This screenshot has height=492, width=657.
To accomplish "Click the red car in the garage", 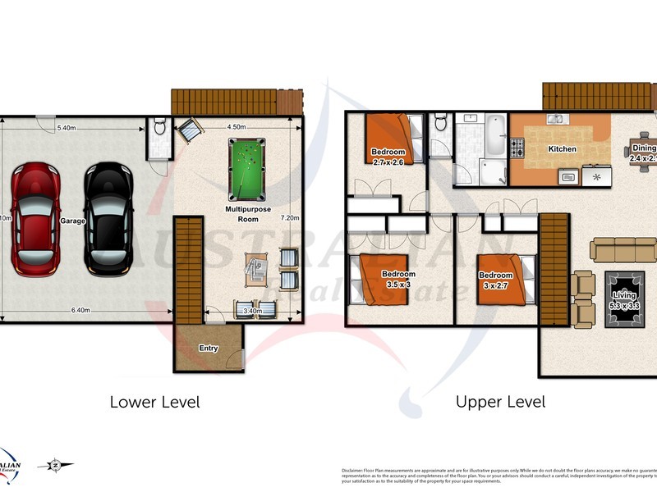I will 34,218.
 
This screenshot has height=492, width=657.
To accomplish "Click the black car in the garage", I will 107,218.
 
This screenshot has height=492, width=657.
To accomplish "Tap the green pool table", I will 246,168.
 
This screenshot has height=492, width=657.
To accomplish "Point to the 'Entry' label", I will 209,348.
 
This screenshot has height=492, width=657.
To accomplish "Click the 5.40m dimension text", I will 67,128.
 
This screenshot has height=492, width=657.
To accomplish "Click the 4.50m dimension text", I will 237,127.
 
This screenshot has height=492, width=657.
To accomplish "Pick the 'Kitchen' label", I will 562,149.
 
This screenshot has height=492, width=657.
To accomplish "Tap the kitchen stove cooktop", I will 518,148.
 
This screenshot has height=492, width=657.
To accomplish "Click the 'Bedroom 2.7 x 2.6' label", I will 388,157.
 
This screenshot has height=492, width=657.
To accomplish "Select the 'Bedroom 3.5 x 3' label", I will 399,279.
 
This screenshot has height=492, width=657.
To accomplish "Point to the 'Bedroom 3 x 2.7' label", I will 496,280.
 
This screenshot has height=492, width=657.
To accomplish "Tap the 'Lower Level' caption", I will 154,402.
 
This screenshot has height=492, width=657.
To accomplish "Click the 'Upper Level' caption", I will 500,402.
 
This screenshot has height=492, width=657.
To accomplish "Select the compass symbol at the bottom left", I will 54,465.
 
